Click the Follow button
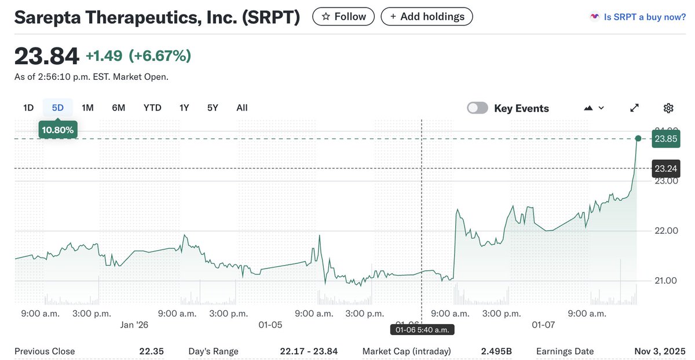pos(343,17)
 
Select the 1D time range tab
pos(28,108)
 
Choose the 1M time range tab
pos(87,108)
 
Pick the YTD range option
pos(152,108)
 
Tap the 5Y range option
pos(213,108)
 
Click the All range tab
pos(242,108)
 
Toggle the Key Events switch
pos(478,108)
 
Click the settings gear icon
pos(668,108)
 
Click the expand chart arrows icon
pos(635,108)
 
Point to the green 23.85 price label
pos(666,139)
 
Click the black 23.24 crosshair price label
pos(666,168)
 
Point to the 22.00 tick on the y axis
pos(666,231)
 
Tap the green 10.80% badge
pos(57,130)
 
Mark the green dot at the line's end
pos(638,138)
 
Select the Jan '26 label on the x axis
pos(134,325)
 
